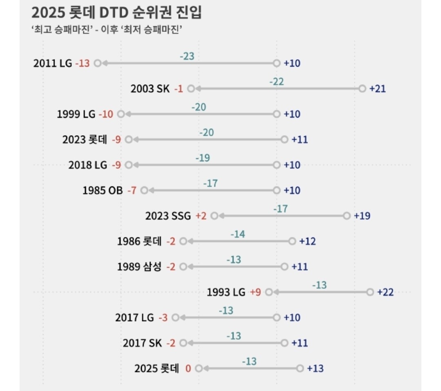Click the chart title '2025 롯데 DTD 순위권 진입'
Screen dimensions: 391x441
116,13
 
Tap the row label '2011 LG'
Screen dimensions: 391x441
53,63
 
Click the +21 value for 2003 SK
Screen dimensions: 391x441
377,89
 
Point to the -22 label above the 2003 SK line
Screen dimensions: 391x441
276,82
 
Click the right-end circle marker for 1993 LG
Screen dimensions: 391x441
370,292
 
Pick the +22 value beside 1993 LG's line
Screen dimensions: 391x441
385,292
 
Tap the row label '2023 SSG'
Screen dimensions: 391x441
168,216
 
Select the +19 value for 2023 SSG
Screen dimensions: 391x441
362,216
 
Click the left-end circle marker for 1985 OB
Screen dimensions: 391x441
144,190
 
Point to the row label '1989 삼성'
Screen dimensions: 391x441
139,267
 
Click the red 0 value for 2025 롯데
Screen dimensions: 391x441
188,369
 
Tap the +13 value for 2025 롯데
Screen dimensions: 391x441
315,369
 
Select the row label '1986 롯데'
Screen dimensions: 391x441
139,241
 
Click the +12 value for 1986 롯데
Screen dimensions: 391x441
307,241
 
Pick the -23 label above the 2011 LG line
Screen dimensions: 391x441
187,56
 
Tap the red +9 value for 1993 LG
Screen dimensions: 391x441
255,292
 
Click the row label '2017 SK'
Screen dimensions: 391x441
143,343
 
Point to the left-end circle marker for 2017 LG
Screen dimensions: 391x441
176,317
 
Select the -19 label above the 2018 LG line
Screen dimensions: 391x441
203,158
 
